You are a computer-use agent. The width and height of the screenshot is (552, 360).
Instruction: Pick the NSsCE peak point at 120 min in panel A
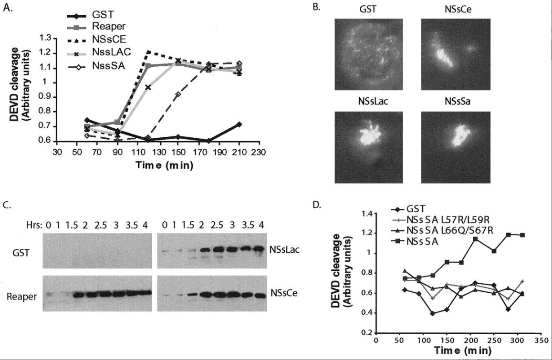(x=149, y=51)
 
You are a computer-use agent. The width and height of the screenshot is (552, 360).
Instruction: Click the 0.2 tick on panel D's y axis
(x=367, y=333)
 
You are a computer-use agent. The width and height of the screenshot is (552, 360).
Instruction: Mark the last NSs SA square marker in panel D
(x=523, y=235)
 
